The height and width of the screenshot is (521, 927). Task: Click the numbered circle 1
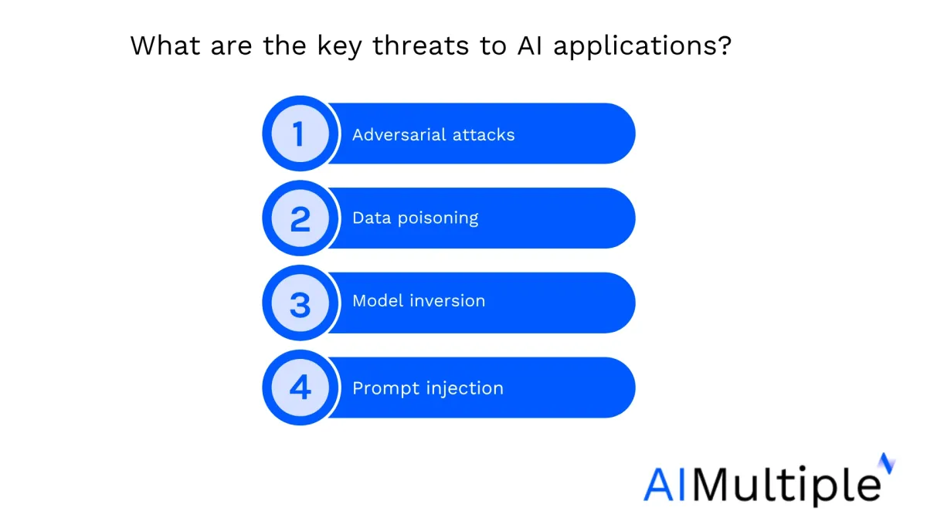click(x=301, y=134)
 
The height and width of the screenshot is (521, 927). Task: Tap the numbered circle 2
click(x=301, y=218)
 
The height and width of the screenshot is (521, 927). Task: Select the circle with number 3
click(x=301, y=303)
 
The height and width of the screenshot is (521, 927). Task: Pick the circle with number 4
click(x=301, y=387)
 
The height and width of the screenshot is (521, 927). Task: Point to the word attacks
click(x=484, y=135)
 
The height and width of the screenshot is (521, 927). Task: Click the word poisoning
click(x=438, y=218)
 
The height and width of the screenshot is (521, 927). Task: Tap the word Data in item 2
click(x=372, y=218)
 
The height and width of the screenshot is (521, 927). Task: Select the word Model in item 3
click(x=378, y=300)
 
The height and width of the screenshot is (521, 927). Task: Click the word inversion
click(x=447, y=300)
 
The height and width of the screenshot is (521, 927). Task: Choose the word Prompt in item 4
click(x=385, y=389)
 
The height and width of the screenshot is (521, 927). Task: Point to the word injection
click(x=465, y=389)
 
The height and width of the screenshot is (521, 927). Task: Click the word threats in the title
click(x=421, y=46)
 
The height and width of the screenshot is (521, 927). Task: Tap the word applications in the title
click(x=635, y=46)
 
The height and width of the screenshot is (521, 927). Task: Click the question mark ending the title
click(x=725, y=45)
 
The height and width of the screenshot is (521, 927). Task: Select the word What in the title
click(x=165, y=45)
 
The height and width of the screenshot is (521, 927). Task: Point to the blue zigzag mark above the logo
click(x=888, y=463)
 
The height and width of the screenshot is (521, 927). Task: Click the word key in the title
click(x=339, y=46)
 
